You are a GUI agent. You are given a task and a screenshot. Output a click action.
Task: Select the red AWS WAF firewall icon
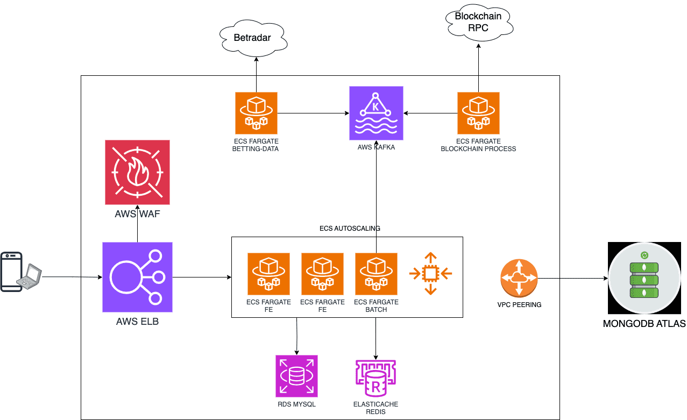point(137,172)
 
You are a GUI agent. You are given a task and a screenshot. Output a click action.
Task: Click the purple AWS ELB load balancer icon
point(137,277)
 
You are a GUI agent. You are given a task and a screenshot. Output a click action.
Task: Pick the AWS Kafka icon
point(376,113)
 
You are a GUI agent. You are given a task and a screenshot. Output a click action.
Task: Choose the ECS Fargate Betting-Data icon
point(256,113)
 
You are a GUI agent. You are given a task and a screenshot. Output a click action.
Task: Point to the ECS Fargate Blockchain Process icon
point(478,113)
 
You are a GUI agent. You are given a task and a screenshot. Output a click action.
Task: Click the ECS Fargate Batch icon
point(376,274)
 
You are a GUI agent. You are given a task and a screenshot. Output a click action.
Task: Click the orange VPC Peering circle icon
point(519,278)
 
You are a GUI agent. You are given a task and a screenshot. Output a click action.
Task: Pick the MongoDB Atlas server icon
point(644,278)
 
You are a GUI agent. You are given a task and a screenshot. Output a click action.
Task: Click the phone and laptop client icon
point(21,272)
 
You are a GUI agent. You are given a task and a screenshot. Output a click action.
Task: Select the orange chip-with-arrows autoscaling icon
point(430,274)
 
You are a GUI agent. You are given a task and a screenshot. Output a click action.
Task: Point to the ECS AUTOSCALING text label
point(350,229)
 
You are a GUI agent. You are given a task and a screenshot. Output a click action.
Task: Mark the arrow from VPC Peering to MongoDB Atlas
point(573,278)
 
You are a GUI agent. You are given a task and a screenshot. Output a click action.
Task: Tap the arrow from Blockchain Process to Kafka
point(430,113)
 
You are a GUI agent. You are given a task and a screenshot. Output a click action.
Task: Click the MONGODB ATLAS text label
point(644,324)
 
